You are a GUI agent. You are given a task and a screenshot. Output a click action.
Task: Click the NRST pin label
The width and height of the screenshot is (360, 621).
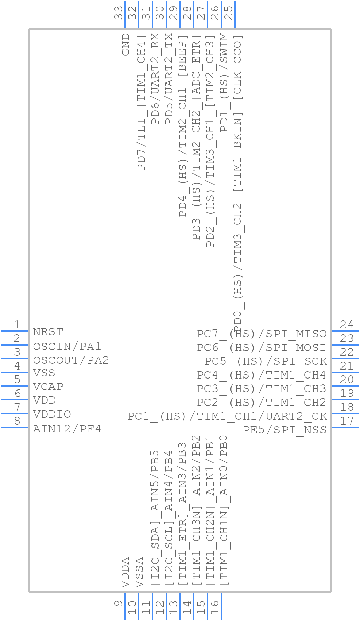(48, 332)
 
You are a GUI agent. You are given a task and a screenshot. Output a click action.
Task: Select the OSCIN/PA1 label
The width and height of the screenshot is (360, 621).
(67, 346)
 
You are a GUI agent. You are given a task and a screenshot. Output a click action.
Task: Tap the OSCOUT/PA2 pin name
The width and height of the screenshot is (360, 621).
(71, 360)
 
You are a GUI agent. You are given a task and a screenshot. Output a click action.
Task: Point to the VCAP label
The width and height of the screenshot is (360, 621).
(48, 387)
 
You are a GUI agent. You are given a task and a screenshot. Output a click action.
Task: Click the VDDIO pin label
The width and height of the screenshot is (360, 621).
(52, 414)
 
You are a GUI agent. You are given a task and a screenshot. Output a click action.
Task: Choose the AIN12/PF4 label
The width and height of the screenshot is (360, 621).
(67, 429)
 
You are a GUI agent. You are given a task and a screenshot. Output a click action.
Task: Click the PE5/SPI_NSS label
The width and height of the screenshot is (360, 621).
(285, 430)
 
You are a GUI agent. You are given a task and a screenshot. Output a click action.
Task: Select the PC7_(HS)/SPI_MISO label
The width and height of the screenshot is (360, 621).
(261, 334)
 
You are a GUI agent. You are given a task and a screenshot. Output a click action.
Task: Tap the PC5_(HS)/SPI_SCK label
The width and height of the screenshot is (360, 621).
(266, 361)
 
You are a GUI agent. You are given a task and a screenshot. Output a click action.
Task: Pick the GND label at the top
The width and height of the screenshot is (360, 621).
(126, 44)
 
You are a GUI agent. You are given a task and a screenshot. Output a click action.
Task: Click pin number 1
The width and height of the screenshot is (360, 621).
(17, 325)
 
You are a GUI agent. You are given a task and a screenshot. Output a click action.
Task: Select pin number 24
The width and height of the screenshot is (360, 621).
(347, 325)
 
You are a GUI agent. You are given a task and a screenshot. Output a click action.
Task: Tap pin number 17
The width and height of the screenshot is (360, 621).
(347, 421)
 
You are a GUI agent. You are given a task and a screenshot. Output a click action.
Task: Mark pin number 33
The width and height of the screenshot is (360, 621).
(119, 13)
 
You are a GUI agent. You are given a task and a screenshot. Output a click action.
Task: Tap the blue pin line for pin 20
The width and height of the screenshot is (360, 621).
(345, 386)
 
